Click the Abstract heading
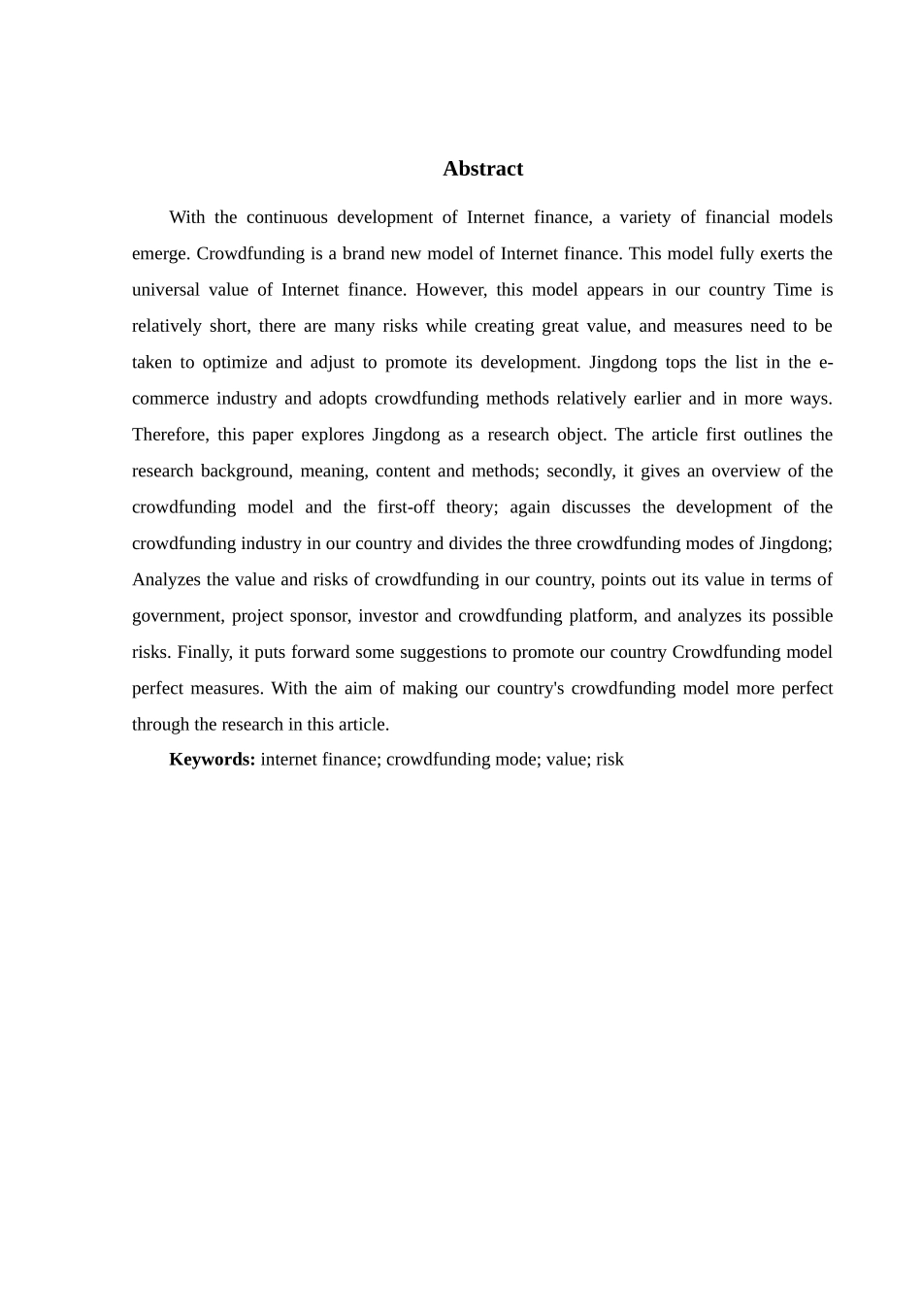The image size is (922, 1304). coord(482,169)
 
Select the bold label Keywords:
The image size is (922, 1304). coord(212,760)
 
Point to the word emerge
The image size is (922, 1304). coord(159,254)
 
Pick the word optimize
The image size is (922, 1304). coord(234,363)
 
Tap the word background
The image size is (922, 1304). coord(246,472)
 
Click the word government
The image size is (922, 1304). coord(177,616)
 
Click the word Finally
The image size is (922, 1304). coord(203,652)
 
